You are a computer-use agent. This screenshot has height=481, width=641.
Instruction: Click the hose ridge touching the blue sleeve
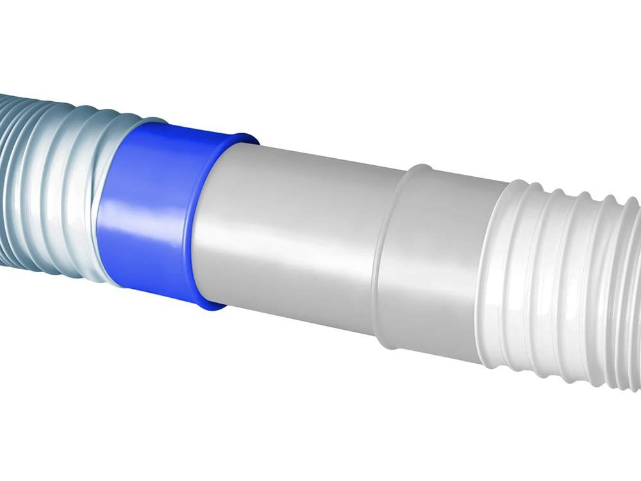point(103,199)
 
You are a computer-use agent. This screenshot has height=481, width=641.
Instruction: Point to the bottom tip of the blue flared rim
point(212,306)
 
